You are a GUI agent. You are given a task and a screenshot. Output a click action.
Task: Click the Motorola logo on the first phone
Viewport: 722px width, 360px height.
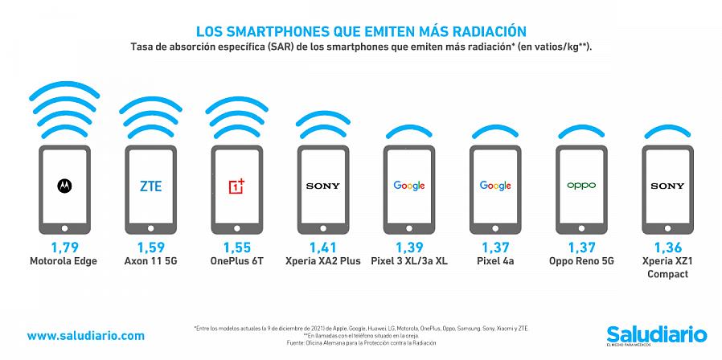(63, 186)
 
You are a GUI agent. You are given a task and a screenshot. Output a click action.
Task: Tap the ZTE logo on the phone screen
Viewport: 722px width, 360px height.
(150, 186)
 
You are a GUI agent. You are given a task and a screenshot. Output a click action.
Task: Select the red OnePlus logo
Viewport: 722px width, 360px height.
(236, 186)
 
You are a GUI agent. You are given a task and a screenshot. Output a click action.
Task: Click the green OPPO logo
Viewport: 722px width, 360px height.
(581, 186)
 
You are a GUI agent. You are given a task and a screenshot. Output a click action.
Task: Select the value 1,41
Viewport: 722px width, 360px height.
(322, 247)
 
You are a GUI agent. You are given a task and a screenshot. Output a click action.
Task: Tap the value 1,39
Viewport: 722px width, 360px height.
(408, 247)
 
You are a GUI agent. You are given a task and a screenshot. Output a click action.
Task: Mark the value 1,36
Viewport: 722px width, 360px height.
(668, 247)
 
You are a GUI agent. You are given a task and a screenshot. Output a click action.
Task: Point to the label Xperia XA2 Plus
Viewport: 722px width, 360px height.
(322, 261)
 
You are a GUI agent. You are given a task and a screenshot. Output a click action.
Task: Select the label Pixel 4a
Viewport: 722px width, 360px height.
(495, 261)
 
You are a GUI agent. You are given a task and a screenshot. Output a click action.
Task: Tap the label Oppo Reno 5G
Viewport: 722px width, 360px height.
(581, 261)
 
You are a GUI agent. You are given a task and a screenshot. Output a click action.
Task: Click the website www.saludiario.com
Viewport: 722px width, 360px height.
(86, 335)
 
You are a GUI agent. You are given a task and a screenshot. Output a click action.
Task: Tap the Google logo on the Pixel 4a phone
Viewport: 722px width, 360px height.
(495, 186)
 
